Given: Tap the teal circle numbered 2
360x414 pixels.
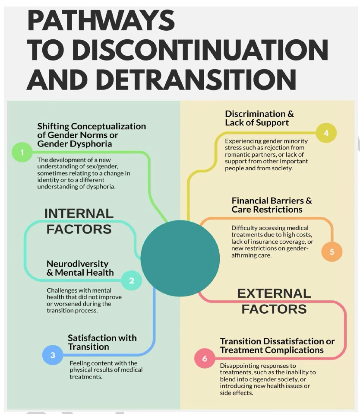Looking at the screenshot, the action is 132,280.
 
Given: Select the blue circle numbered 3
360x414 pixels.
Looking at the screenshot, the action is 53,355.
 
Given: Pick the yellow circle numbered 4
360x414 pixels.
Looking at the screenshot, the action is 326,133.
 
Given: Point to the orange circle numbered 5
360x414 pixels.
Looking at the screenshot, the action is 332,252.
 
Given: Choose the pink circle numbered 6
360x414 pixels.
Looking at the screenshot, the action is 205,358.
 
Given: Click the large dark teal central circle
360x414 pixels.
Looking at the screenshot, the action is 180,258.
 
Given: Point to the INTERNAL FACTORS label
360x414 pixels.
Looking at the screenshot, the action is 79,221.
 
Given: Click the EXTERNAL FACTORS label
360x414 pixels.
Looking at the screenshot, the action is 274,301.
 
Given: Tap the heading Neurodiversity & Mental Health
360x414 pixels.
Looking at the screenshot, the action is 80,268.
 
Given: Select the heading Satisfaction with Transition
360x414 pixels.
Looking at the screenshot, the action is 102,342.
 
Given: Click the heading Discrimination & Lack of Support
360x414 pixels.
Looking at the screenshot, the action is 259,118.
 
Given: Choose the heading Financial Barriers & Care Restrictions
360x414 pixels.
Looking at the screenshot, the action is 272,205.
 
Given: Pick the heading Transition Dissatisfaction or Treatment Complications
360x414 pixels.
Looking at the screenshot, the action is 277,345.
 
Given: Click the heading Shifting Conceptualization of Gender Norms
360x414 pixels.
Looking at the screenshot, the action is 92,135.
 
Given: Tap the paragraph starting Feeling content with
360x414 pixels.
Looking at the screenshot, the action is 106,370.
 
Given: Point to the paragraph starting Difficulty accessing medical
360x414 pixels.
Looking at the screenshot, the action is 272,241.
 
